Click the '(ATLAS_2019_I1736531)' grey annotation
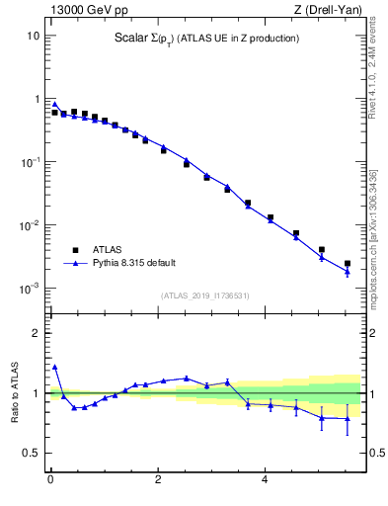coord(204,295)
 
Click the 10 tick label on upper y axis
coord(32,36)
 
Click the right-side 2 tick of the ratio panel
coord(370,333)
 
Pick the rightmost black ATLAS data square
coord(348,264)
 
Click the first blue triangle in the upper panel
coord(54,104)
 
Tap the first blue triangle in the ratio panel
coord(54,367)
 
